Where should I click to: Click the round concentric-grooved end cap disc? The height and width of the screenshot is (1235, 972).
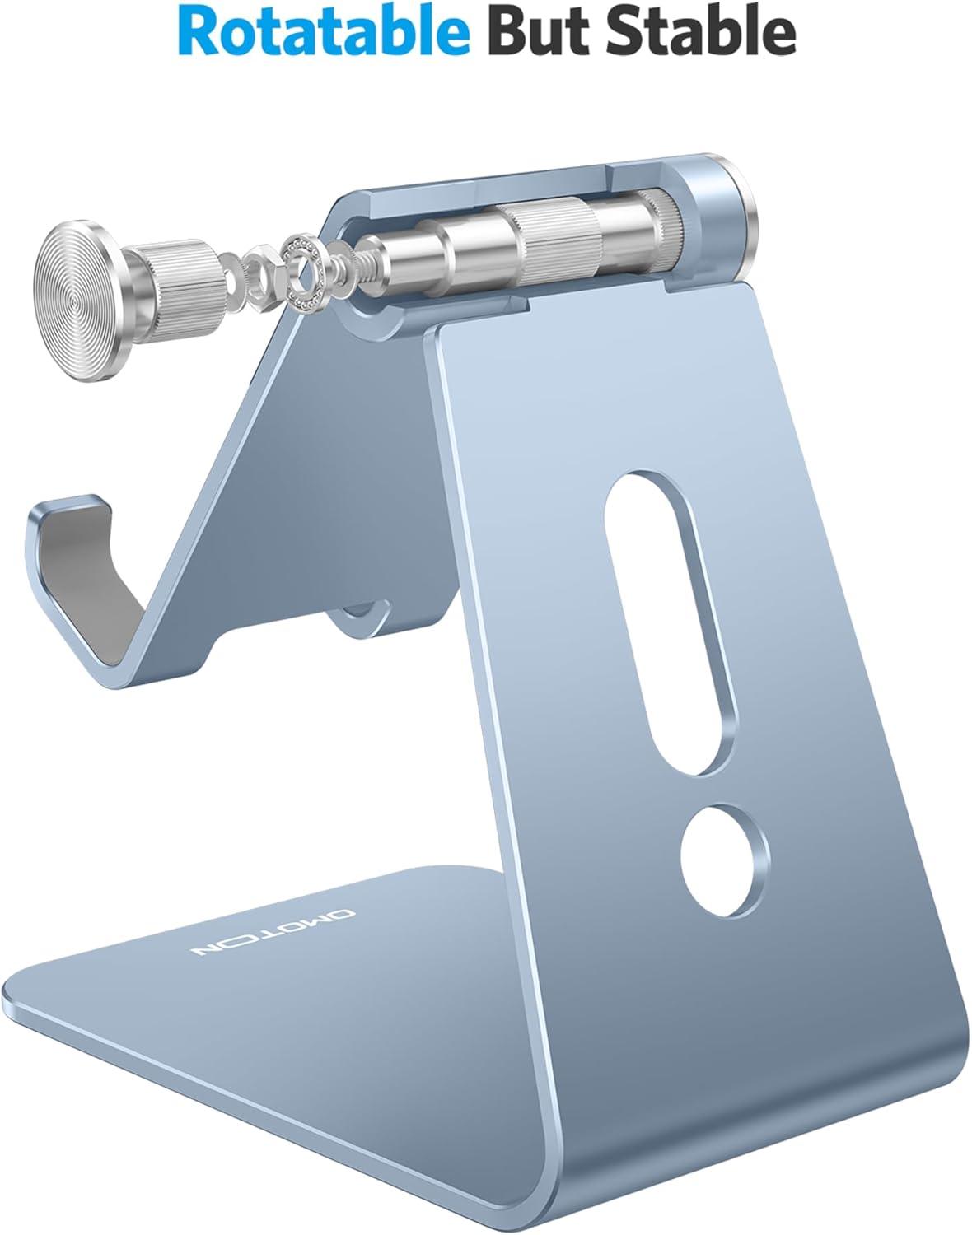tap(82, 301)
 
